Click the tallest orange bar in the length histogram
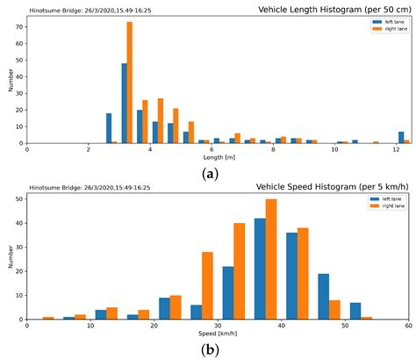coord(130,83)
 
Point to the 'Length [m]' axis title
coord(218,158)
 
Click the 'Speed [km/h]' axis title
coord(218,335)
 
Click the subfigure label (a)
coord(210,173)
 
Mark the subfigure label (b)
coord(210,349)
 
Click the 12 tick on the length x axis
coord(395,150)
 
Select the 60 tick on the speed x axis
coord(407,326)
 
